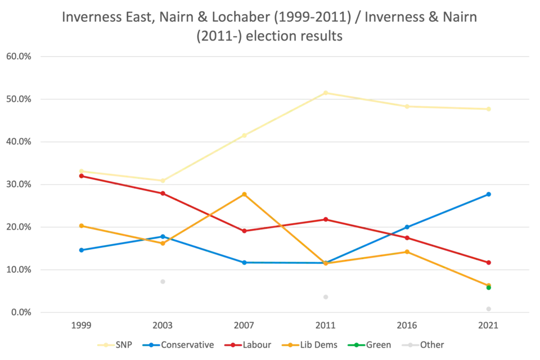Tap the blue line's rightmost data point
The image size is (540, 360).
(489, 194)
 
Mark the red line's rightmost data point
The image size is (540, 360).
(489, 263)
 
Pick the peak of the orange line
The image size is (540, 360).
(244, 193)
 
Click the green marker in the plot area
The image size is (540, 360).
(489, 288)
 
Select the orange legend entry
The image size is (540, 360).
(313, 345)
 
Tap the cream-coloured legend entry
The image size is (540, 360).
(115, 345)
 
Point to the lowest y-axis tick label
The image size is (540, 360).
(19, 312)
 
